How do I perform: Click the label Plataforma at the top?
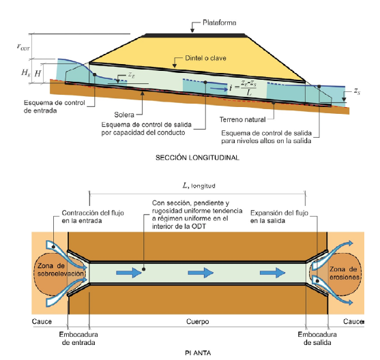[x=219, y=22]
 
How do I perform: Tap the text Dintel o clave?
[x=205, y=58]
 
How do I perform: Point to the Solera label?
[x=124, y=115]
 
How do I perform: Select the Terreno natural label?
[x=243, y=119]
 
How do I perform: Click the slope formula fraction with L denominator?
[x=248, y=88]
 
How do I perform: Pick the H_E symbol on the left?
[x=26, y=72]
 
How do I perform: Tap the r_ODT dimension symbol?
[x=23, y=47]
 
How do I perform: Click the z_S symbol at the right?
[x=357, y=91]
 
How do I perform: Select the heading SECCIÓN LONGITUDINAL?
[x=198, y=157]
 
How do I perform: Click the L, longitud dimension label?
[x=199, y=186]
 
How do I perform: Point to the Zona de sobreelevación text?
[x=61, y=269]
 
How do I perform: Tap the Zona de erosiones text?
[x=343, y=273]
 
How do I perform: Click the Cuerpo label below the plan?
[x=198, y=322]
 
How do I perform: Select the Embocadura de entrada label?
[x=78, y=338]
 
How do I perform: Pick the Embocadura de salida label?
[x=317, y=338]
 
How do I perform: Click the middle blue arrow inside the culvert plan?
[x=201, y=273]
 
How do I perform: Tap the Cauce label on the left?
[x=42, y=322]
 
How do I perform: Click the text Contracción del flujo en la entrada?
[x=93, y=217]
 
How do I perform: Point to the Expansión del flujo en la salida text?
[x=279, y=217]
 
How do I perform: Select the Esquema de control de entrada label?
[x=55, y=106]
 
